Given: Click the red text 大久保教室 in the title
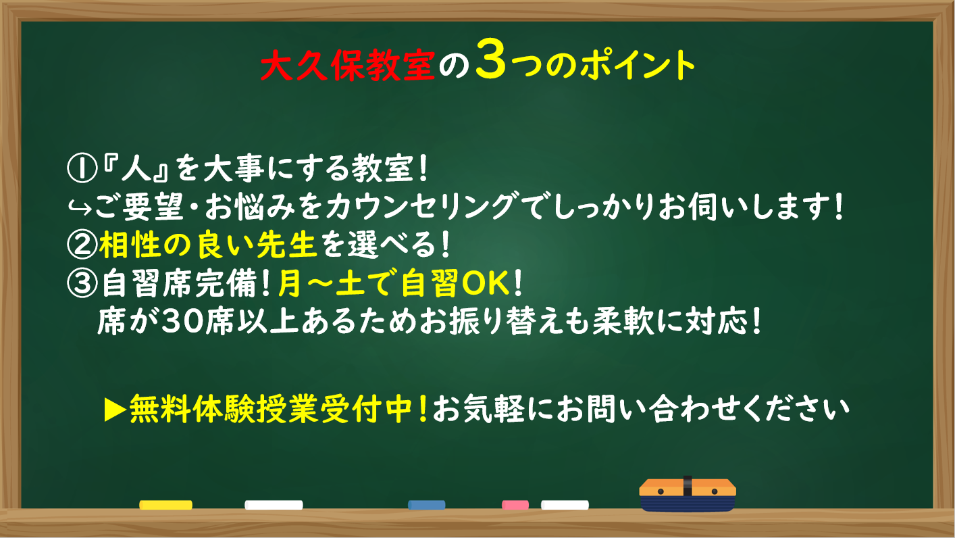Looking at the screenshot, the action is (347, 66).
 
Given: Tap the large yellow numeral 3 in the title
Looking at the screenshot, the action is (491, 59).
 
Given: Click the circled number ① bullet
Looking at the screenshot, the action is (82, 168).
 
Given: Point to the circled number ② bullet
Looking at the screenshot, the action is (82, 245).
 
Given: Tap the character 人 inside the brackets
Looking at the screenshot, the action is (136, 168).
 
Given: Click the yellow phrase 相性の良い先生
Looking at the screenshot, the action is (208, 245).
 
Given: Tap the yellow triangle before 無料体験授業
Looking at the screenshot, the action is (115, 410).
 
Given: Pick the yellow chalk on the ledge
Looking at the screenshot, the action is (166, 505).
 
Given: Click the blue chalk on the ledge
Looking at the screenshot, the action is (426, 505).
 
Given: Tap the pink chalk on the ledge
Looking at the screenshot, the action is (515, 505).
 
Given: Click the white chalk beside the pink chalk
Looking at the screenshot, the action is (565, 505).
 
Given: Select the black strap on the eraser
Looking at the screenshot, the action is (688, 487).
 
